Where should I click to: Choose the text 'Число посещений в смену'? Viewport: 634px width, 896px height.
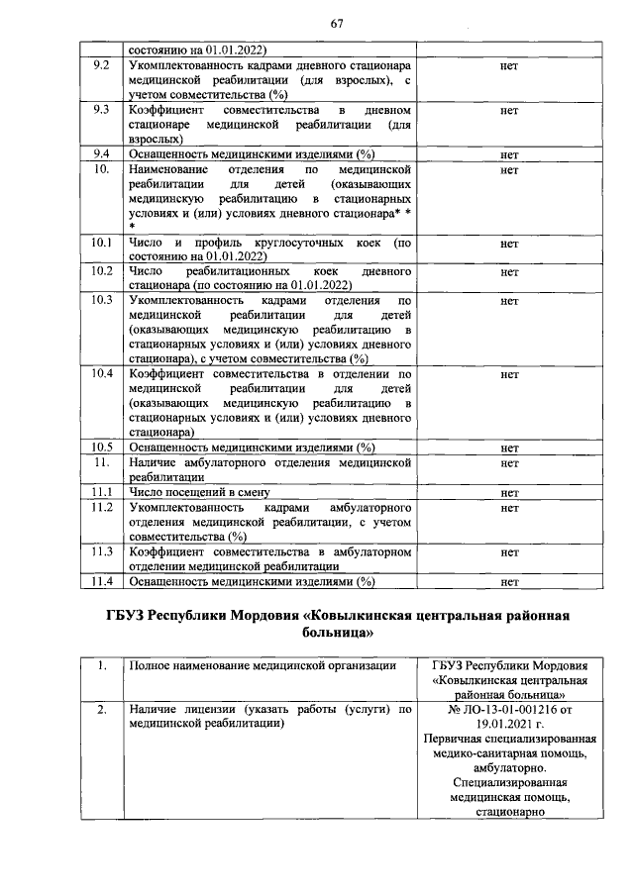[199, 492]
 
